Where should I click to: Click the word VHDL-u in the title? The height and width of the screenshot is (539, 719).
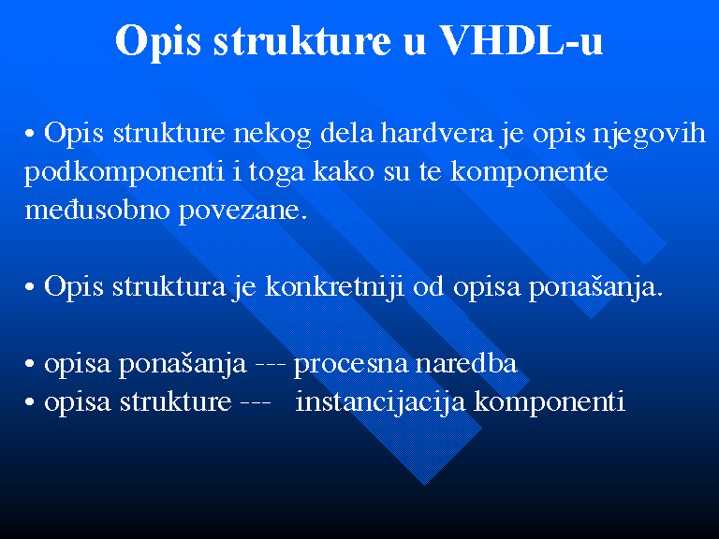521,40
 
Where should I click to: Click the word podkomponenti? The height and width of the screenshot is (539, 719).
125,173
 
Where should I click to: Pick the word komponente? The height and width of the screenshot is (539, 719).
529,173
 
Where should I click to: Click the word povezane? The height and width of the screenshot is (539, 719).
242,211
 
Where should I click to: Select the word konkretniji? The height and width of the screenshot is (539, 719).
335,288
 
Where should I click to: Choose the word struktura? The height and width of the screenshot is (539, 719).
169,287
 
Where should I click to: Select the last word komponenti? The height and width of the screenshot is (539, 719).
550,402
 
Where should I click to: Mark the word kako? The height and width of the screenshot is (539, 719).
344,171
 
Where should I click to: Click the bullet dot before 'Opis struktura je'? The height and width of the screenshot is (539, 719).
30,288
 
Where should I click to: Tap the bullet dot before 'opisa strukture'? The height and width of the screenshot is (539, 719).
30,402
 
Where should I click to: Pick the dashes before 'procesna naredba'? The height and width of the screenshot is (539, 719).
270,365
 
